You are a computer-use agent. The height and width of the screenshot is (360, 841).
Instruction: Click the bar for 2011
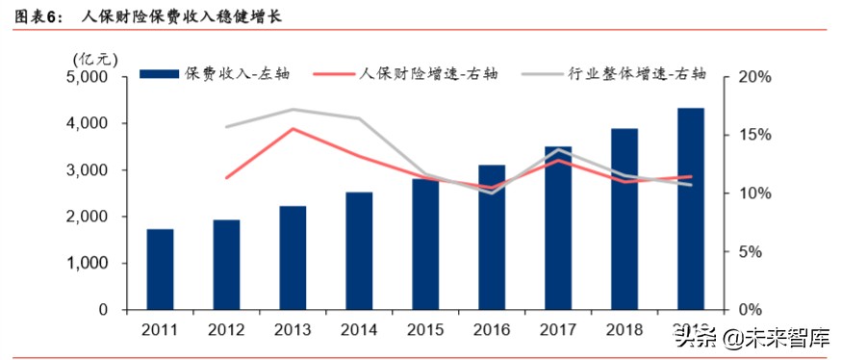pyautogui.click(x=160, y=270)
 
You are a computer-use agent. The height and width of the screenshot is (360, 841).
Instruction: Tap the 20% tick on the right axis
pyautogui.click(x=745, y=77)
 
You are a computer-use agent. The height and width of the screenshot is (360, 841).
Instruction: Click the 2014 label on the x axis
pyautogui.click(x=359, y=330)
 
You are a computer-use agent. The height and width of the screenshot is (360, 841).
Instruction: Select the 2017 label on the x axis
pyautogui.click(x=558, y=330)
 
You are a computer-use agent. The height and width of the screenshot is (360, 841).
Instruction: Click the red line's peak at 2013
pyautogui.click(x=293, y=129)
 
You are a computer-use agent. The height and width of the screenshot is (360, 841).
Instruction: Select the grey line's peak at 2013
pyautogui.click(x=293, y=110)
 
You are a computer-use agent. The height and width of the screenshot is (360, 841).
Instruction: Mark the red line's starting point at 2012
pyautogui.click(x=226, y=178)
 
